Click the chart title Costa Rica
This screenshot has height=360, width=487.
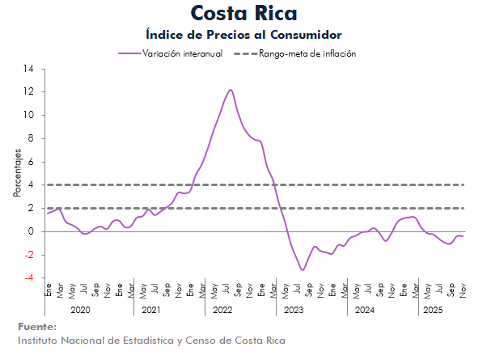click(243, 14)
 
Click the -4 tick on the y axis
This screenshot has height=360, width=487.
click(28, 278)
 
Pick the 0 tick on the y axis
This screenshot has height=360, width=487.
click(31, 231)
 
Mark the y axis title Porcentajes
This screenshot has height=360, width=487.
click(16, 174)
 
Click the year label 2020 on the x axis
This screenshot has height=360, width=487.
click(81, 310)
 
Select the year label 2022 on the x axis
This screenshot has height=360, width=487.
click(222, 310)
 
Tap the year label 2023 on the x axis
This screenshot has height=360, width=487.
click(294, 310)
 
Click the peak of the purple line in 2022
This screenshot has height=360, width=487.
click(231, 90)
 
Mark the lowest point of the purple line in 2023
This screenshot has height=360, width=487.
click(302, 269)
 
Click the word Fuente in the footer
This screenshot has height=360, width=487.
click(37, 326)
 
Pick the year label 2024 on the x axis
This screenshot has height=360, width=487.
click(364, 310)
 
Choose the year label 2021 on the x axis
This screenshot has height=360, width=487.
click(151, 310)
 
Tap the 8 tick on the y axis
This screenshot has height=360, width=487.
click(31, 138)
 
